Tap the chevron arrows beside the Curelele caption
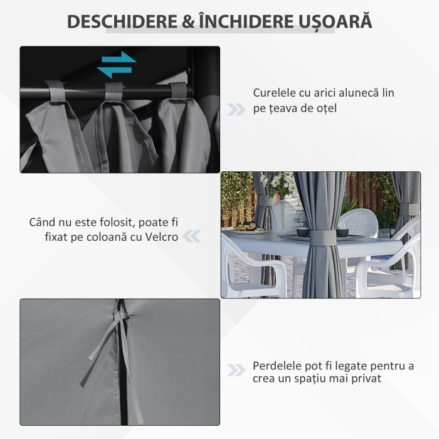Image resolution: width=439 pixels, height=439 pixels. pyautogui.click(x=236, y=109)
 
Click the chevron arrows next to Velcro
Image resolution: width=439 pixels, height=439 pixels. pyautogui.click(x=193, y=236)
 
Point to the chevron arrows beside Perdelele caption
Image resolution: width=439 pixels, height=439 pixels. pyautogui.click(x=236, y=370)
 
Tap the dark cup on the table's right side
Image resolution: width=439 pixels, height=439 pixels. pyautogui.click(x=342, y=232)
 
